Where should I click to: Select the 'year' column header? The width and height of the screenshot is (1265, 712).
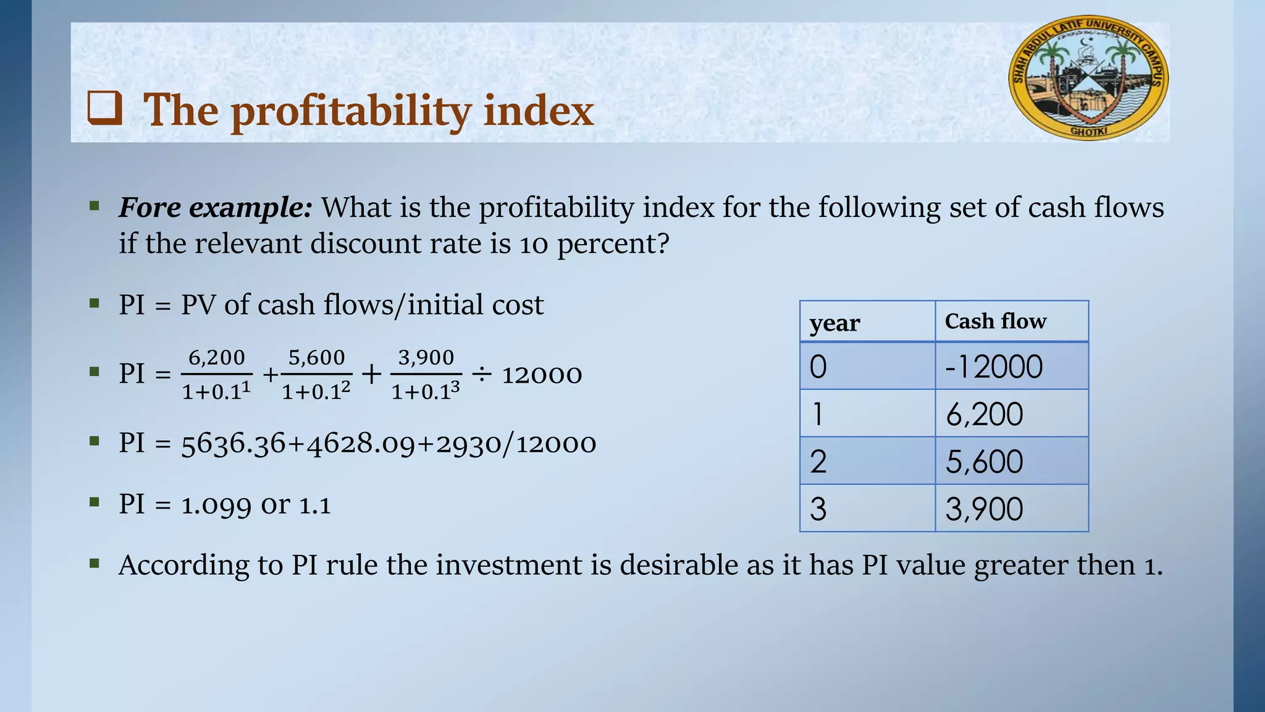(x=834, y=323)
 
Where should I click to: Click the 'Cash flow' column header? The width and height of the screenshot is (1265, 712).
(x=995, y=321)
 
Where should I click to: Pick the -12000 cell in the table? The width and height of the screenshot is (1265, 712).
(x=994, y=367)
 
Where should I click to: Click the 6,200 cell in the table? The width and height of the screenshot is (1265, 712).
(x=985, y=414)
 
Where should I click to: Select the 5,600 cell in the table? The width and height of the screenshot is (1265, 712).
(x=985, y=462)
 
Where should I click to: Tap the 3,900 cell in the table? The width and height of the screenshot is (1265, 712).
(x=985, y=509)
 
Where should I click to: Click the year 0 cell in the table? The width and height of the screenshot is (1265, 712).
(x=818, y=367)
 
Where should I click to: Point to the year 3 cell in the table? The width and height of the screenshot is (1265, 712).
(x=818, y=509)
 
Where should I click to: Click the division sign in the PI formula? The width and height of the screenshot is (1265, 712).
(x=482, y=374)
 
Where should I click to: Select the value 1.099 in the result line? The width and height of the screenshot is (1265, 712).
(x=216, y=505)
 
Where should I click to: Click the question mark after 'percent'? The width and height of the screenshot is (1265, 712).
(x=663, y=244)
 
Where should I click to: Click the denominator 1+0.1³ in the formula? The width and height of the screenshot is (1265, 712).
(x=426, y=391)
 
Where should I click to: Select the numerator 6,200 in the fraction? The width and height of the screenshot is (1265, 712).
(x=217, y=357)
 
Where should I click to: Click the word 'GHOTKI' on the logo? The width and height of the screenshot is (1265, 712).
(x=1089, y=131)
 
